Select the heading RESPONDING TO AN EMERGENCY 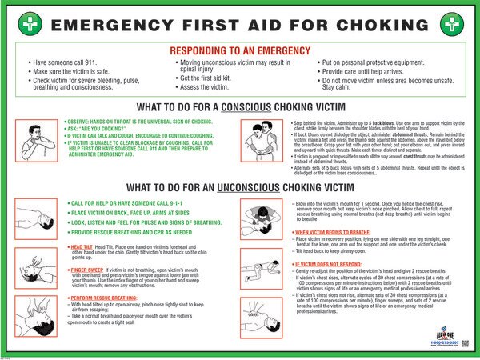(239, 46)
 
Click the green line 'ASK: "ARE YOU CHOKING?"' (100, 128)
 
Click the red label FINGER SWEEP (84, 270)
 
